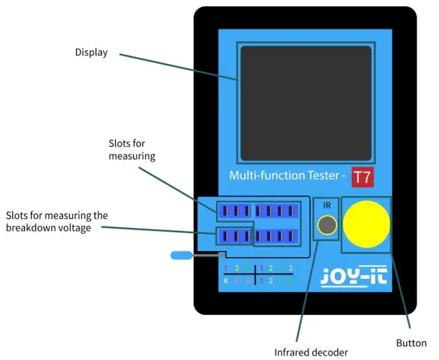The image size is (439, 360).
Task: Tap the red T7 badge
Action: pyautogui.click(x=362, y=177)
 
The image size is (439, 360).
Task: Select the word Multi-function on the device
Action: pyautogui.click(x=260, y=175)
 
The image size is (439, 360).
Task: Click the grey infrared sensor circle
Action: pyautogui.click(x=327, y=226)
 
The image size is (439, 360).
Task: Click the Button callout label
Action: pyautogui.click(x=411, y=343)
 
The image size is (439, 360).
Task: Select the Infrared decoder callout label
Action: pyautogui.click(x=310, y=353)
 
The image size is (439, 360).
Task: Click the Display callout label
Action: pyautogui.click(x=91, y=53)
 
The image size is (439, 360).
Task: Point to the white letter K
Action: pyautogui.click(x=226, y=281)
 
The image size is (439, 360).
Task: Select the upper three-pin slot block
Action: pyautogui.click(x=234, y=211)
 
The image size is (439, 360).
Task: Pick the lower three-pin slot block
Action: pyautogui.click(x=234, y=235)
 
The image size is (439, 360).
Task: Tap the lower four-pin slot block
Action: pyautogui.click(x=277, y=235)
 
